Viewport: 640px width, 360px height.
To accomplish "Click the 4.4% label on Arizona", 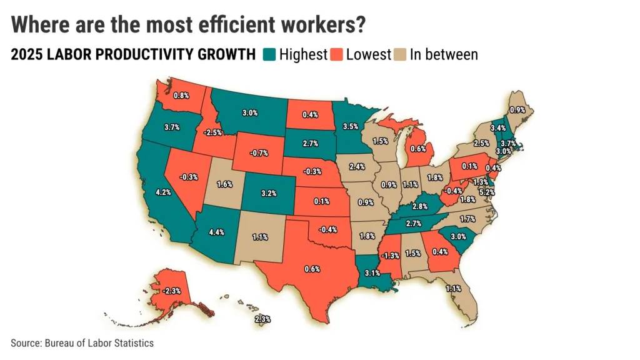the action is [x=216, y=232].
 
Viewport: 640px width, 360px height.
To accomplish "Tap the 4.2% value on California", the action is [x=163, y=192].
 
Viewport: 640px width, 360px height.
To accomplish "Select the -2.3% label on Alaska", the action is [x=171, y=291].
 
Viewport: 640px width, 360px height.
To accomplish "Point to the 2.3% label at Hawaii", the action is [x=262, y=319].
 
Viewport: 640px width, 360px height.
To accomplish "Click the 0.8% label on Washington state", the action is [x=181, y=96].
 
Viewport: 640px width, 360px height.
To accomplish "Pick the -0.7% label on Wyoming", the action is [x=259, y=153].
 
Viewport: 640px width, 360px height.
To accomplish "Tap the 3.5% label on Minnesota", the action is [x=350, y=126].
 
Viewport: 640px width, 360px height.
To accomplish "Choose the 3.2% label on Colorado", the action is [x=269, y=193].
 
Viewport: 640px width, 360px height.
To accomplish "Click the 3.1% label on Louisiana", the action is [x=372, y=273].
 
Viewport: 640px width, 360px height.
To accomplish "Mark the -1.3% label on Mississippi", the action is [x=390, y=256].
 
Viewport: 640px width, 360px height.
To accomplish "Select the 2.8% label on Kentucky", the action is [x=419, y=206].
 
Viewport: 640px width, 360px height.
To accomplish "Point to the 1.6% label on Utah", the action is [x=224, y=184].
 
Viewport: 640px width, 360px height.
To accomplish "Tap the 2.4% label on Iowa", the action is [x=357, y=166].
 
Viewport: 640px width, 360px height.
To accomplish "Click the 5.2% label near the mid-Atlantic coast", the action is [x=487, y=192].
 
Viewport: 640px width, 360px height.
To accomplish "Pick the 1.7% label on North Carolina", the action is [x=467, y=219].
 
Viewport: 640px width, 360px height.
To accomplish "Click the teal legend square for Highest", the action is [x=269, y=54].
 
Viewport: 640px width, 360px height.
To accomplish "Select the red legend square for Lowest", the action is [x=337, y=54].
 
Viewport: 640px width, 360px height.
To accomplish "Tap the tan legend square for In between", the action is [x=400, y=54].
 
